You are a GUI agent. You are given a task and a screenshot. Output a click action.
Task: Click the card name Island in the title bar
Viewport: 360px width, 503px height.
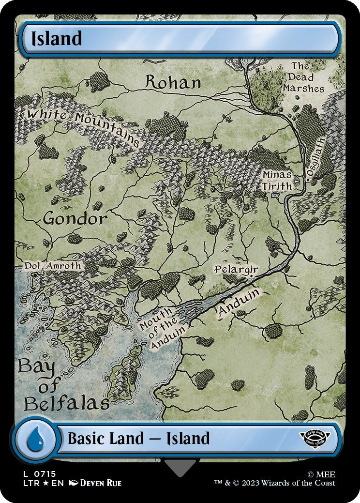(57, 39)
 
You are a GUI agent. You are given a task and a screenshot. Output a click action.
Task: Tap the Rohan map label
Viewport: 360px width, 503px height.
(173, 82)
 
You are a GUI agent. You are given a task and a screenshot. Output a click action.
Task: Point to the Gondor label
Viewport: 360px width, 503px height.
(75, 219)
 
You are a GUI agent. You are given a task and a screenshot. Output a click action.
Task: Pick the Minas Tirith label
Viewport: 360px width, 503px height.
(277, 181)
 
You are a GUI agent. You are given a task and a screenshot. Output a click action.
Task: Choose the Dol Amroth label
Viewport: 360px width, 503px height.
(53, 266)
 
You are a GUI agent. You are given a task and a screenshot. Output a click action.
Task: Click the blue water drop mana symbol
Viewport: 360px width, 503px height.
(35, 439)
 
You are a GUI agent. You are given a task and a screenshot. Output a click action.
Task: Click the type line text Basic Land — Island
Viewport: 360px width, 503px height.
(138, 439)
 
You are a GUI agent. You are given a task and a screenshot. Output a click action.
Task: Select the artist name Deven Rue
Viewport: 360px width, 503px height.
(101, 483)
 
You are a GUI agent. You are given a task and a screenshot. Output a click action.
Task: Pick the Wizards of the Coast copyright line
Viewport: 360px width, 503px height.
(275, 483)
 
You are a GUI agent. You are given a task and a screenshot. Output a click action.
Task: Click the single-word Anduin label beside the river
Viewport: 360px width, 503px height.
(239, 303)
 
